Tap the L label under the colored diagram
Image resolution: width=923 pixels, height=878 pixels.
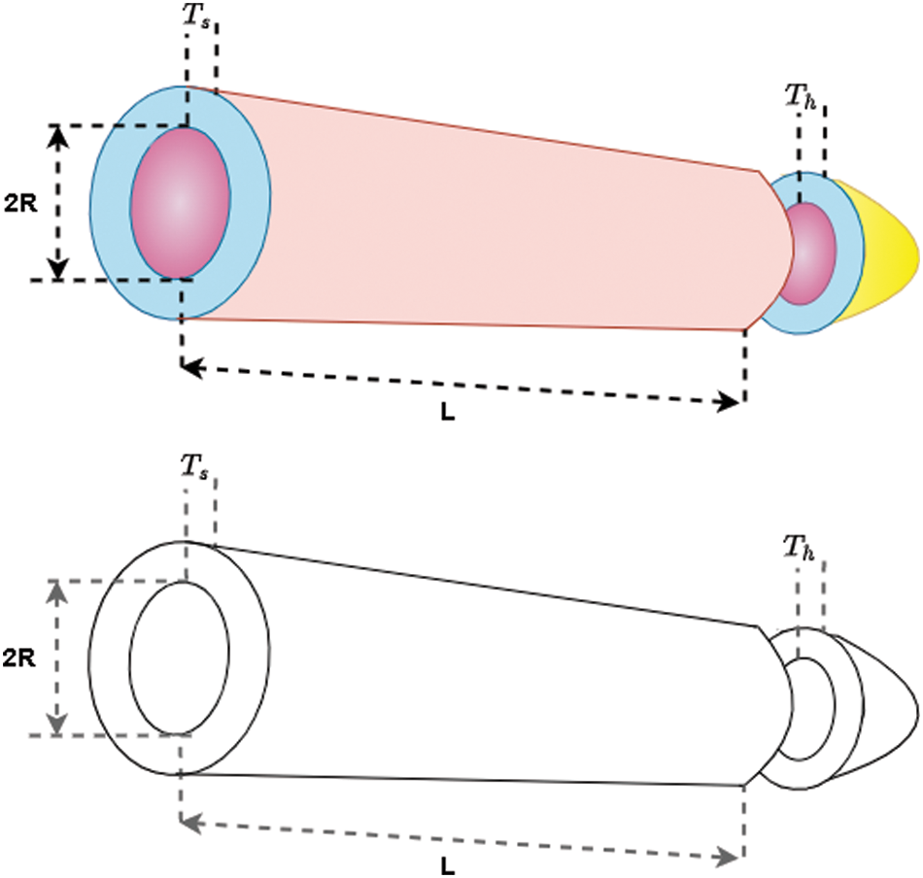(446, 412)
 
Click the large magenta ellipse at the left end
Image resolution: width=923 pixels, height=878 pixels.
(181, 202)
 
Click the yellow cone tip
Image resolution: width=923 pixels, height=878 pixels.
(889, 250)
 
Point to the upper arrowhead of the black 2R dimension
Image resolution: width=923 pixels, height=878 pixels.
(59, 136)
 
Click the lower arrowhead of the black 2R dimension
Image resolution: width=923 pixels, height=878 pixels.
(59, 269)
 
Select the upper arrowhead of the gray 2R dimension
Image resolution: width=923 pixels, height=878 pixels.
(59, 591)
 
